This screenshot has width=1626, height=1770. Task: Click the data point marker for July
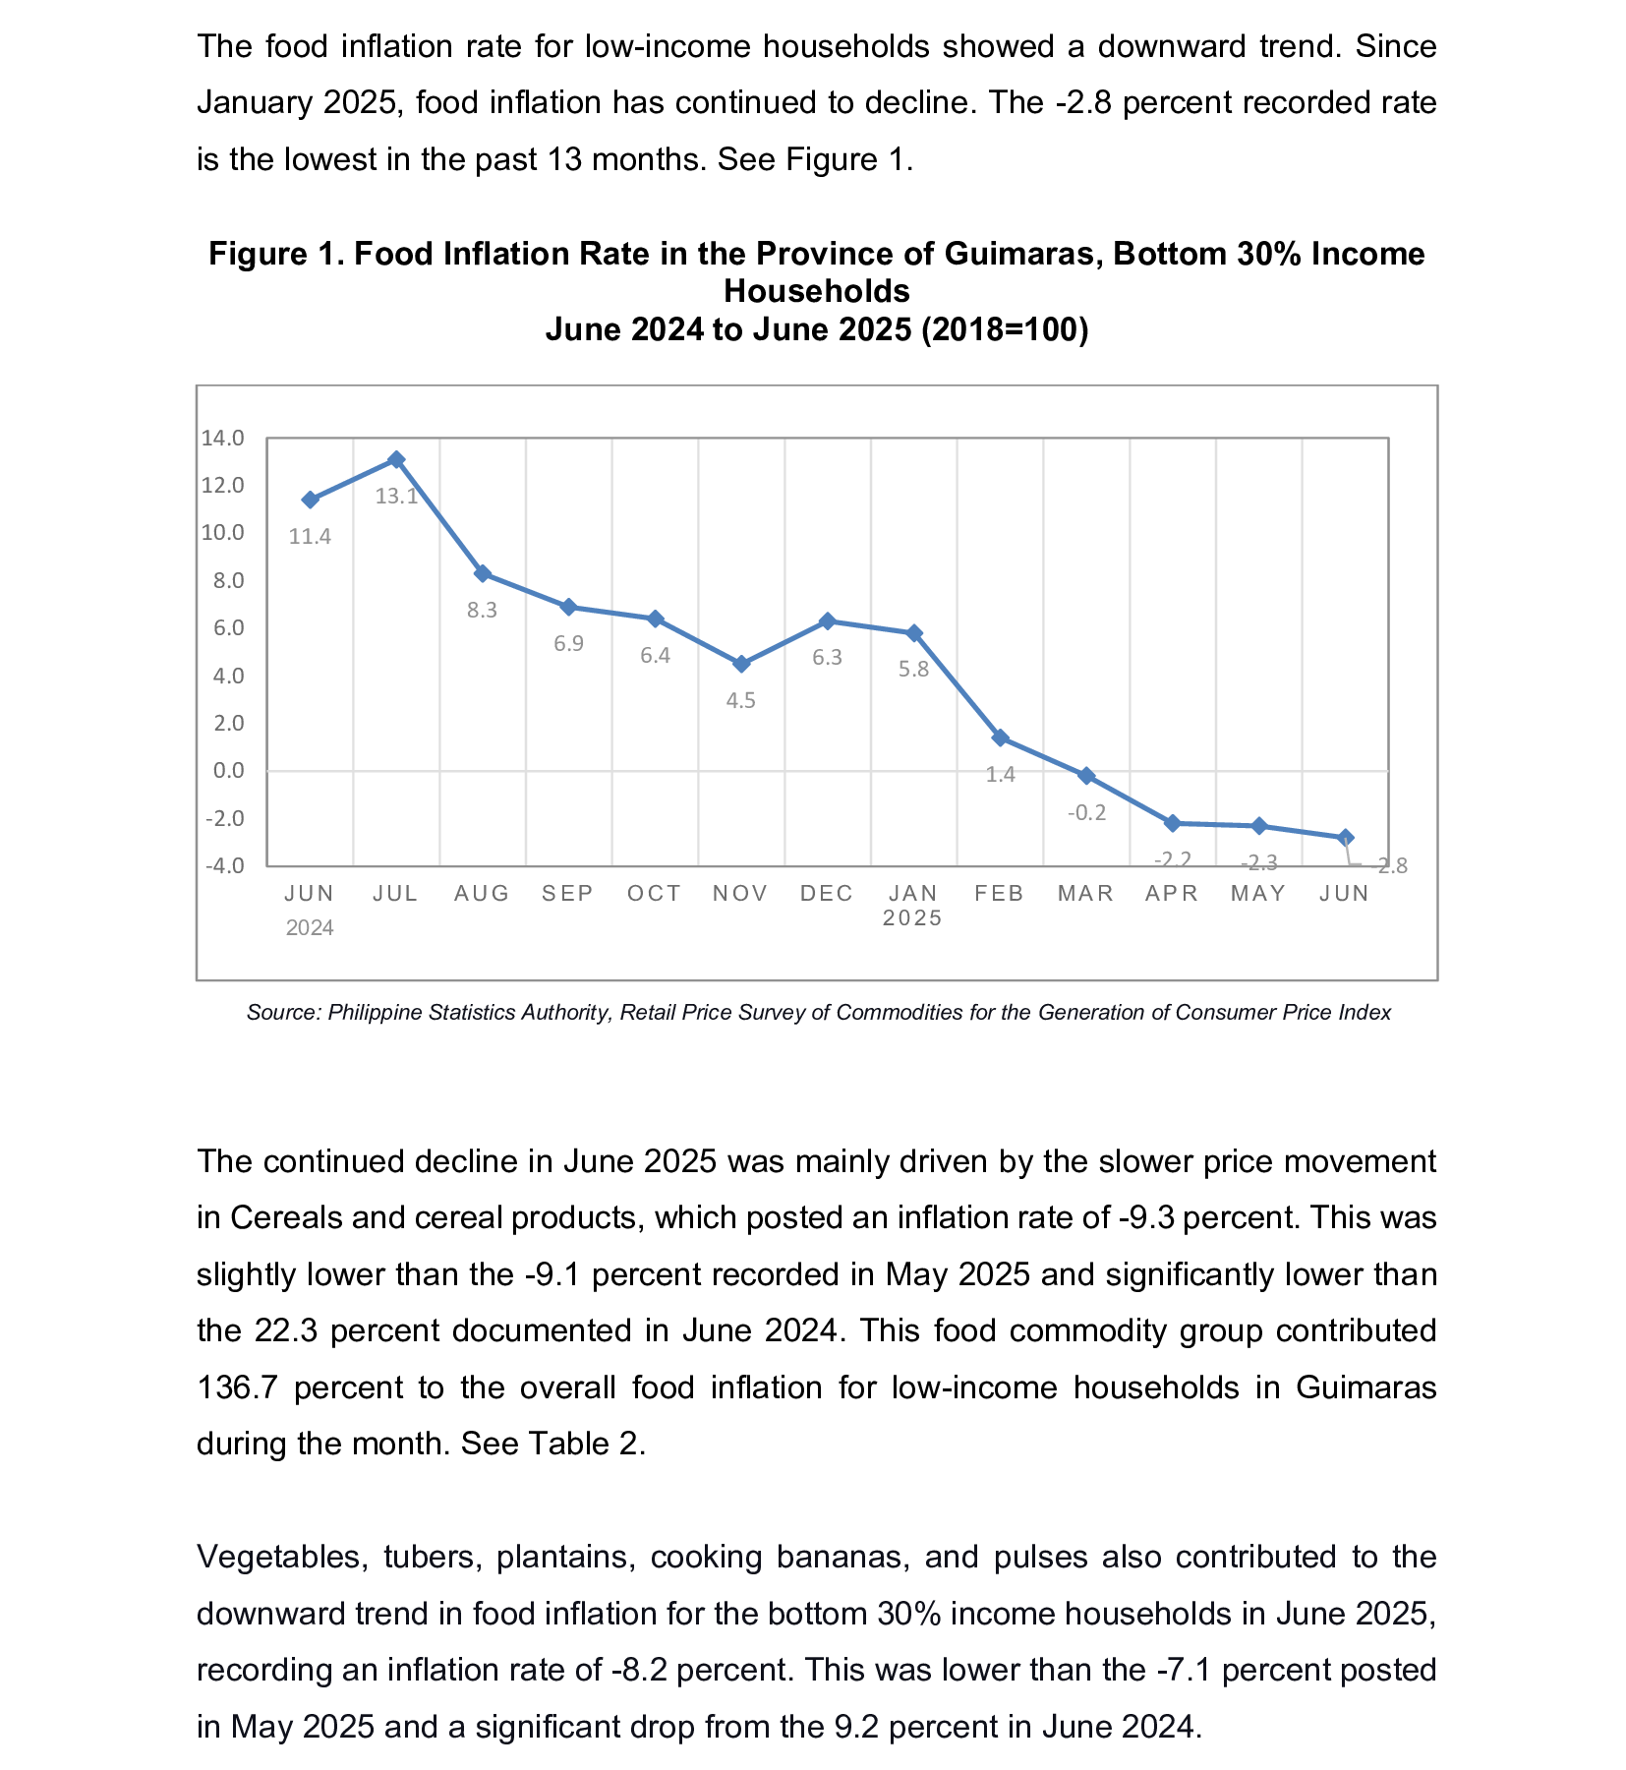396,459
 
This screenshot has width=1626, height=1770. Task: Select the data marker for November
741,664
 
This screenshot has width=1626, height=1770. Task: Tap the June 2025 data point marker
1346,837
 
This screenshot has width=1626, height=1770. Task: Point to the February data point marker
1000,737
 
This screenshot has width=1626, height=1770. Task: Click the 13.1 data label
396,497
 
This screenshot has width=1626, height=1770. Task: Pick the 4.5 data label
741,701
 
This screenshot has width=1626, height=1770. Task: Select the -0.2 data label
1086,813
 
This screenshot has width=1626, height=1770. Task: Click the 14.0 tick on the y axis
222,439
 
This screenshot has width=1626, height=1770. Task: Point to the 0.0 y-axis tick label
228,771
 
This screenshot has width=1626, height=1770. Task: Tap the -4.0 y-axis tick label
224,866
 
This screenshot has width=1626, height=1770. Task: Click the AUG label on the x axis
482,893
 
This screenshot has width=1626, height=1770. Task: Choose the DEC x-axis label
827,893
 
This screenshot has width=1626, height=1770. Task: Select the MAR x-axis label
1086,893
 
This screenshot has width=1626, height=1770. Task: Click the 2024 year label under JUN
310,928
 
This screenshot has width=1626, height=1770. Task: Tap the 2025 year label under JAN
913,918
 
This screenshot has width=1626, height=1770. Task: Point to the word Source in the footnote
283,1013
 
